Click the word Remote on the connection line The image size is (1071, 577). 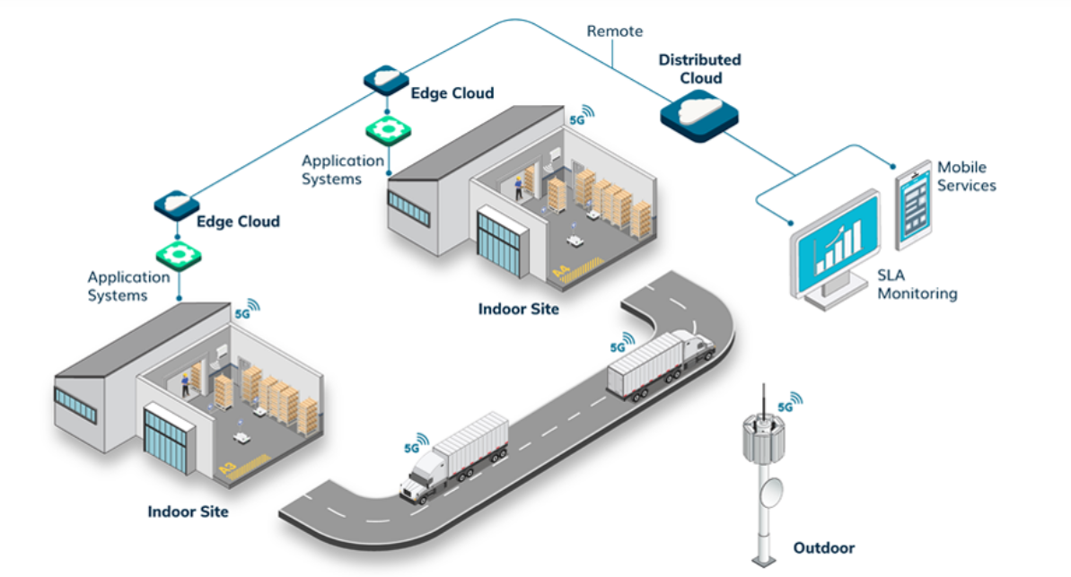[614, 31]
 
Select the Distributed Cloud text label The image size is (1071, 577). [699, 69]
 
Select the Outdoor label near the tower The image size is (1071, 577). [823, 547]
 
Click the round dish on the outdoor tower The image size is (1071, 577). [769, 490]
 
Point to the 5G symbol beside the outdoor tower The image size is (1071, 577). [788, 404]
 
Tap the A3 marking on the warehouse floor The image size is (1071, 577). [229, 468]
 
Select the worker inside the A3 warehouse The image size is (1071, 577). [185, 384]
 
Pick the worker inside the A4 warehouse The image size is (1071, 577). [517, 188]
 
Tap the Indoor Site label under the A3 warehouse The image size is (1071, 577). [188, 511]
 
